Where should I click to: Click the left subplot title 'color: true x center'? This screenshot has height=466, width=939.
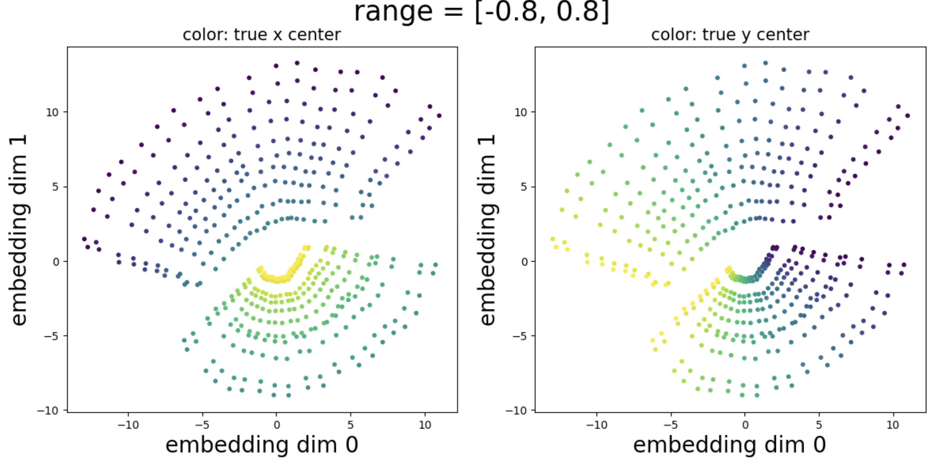[262, 35]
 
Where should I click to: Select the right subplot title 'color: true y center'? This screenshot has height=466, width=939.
[730, 35]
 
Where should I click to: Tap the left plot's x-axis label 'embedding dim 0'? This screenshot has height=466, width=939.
[262, 444]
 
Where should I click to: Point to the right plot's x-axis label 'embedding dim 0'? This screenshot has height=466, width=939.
[729, 444]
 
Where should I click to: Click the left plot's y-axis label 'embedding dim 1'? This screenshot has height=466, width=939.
[18, 229]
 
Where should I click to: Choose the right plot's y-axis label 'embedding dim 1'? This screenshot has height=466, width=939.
[487, 229]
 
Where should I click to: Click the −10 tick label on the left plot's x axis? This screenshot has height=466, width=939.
[128, 425]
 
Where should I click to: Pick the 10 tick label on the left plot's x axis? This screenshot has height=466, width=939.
[425, 425]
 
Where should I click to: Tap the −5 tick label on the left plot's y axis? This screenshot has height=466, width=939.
[51, 336]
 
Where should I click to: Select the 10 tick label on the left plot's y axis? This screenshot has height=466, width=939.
[52, 113]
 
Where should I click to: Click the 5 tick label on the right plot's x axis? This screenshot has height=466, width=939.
[819, 425]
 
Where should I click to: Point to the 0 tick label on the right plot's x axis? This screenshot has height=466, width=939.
[745, 425]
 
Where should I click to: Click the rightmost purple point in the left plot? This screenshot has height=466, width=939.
[439, 116]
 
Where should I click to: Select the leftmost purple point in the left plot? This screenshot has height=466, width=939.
[84, 239]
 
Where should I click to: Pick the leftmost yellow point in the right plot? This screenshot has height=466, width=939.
[553, 239]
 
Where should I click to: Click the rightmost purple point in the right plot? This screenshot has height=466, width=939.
[908, 116]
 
